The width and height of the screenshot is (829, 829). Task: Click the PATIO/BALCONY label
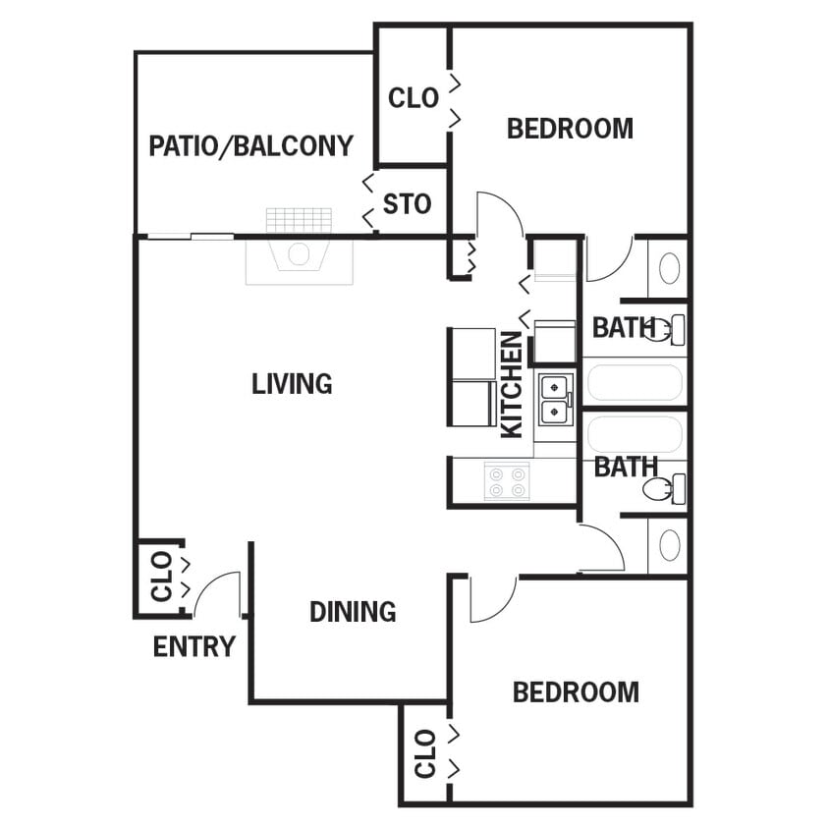point(250,146)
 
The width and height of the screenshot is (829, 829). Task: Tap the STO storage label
point(407,204)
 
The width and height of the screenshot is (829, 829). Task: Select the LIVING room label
point(292,383)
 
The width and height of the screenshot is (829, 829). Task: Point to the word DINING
point(353,612)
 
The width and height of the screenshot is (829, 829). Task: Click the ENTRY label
point(194,647)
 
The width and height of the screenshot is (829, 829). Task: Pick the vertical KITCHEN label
point(512,384)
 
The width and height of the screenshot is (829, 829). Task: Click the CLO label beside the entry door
point(161,578)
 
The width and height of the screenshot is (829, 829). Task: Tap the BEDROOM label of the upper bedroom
point(570,129)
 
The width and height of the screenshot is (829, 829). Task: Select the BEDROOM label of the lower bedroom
point(576,692)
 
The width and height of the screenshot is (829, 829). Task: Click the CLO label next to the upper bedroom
point(414,98)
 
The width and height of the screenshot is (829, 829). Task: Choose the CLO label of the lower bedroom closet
point(425,753)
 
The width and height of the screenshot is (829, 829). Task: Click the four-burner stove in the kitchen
point(507,481)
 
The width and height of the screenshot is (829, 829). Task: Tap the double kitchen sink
point(555,397)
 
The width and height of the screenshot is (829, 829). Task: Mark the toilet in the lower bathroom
point(664,488)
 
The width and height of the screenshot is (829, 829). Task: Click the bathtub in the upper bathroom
point(634,382)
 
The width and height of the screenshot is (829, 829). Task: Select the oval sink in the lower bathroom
point(669,545)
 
